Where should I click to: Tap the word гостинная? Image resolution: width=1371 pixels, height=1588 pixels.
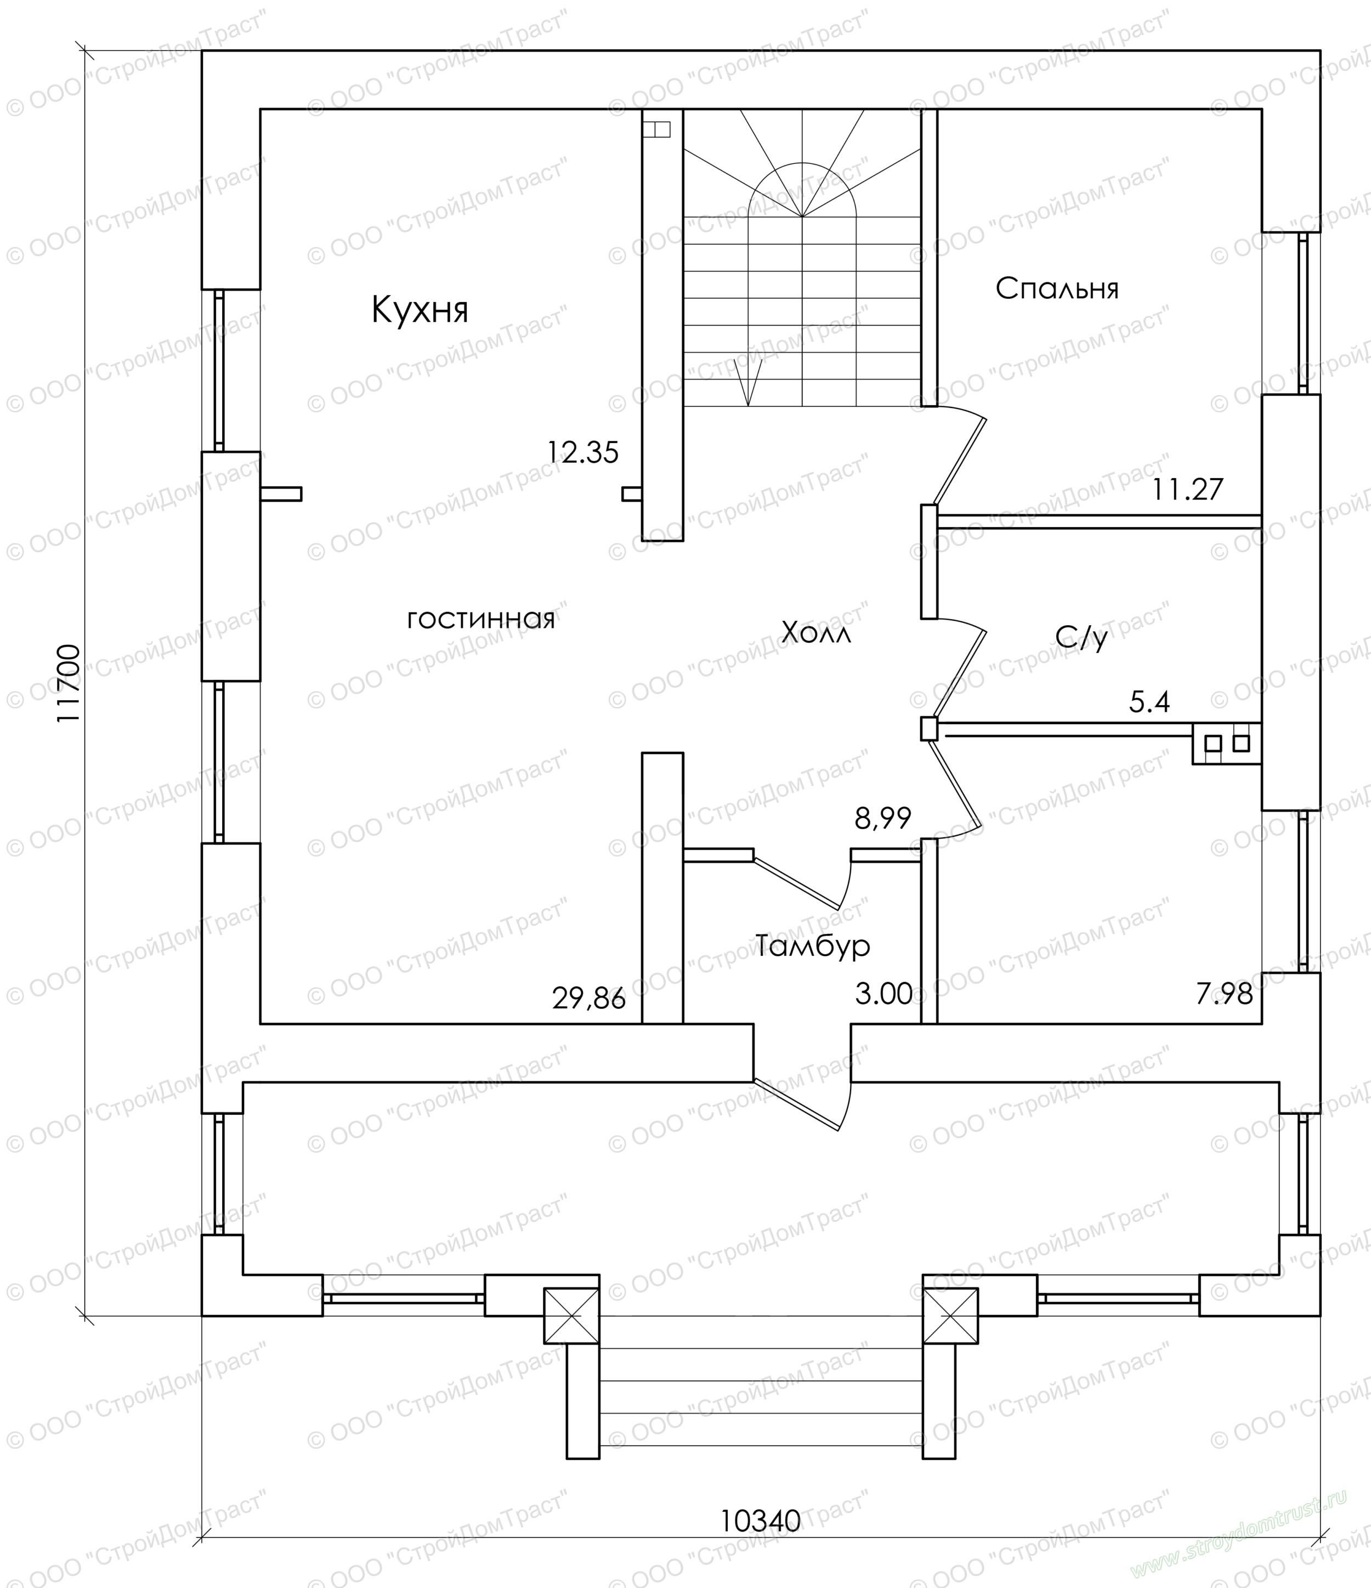coord(480,619)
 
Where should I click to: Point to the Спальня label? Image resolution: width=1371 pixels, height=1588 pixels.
coord(1057,288)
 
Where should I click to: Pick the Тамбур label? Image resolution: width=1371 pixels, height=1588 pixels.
coord(813,946)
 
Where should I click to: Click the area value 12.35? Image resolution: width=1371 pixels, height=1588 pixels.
coord(582,452)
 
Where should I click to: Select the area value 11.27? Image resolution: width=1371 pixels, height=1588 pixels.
coord(1188,489)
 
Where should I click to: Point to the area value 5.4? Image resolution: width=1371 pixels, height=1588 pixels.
coord(1149,702)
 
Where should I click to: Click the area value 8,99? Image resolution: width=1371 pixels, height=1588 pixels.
coord(883,819)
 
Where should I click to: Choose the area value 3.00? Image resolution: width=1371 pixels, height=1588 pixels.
coord(883,994)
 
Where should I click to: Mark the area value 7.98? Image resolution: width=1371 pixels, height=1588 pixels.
coord(1224,994)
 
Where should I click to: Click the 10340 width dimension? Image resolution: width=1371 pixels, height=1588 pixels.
coord(760,1520)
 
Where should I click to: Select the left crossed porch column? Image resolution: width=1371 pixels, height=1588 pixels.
coord(571,1315)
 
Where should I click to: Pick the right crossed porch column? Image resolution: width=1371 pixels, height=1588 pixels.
coord(950,1315)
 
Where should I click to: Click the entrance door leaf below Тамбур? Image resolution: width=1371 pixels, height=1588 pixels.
coord(797,1104)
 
